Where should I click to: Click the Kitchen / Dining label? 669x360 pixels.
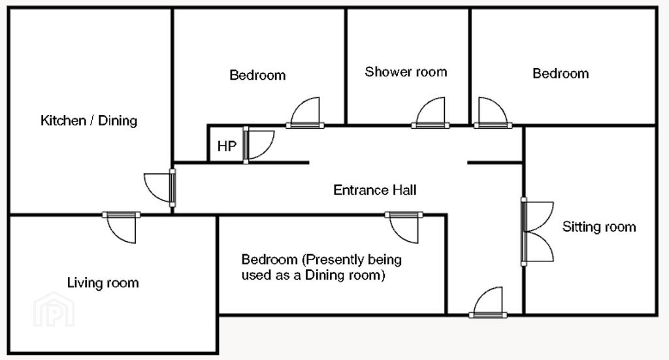pyautogui.click(x=89, y=121)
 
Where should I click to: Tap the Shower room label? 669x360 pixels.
pyautogui.click(x=406, y=72)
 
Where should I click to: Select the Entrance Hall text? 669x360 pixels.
pyautogui.click(x=374, y=190)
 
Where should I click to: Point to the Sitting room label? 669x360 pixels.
pyautogui.click(x=599, y=227)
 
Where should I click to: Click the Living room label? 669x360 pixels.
pyautogui.click(x=103, y=283)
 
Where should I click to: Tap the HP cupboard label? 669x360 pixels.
pyautogui.click(x=227, y=146)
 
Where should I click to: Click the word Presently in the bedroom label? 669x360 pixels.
pyautogui.click(x=333, y=260)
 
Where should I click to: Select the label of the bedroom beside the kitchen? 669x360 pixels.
pyautogui.click(x=257, y=75)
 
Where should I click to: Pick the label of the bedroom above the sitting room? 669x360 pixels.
pyautogui.click(x=561, y=73)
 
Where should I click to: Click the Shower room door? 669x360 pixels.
pyautogui.click(x=430, y=112)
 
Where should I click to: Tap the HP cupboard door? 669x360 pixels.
pyautogui.click(x=259, y=145)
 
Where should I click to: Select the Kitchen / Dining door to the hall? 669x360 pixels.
pyautogui.click(x=159, y=188)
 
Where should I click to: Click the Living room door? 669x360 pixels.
pyautogui.click(x=121, y=227)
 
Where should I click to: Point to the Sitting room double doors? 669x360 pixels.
pyautogui.click(x=537, y=231)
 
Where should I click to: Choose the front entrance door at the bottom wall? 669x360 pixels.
pyautogui.click(x=488, y=303)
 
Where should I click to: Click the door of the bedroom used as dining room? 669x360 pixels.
pyautogui.click(x=404, y=227)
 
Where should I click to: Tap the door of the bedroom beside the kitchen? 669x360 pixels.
pyautogui.click(x=304, y=112)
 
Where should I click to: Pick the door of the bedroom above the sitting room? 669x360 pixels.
pyautogui.click(x=493, y=112)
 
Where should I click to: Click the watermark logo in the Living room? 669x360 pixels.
pyautogui.click(x=54, y=310)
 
